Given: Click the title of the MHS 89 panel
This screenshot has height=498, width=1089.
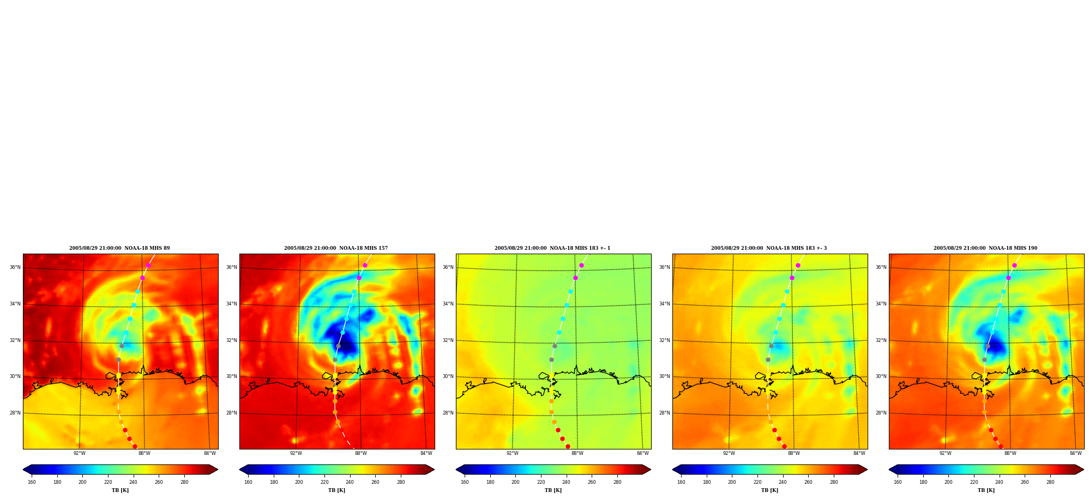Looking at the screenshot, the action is (x=119, y=248).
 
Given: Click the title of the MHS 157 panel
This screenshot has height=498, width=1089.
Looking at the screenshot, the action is (x=336, y=248).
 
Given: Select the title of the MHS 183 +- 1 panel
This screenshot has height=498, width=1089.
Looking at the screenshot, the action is (x=552, y=248).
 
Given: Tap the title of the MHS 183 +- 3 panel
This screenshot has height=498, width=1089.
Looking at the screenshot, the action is (x=769, y=248).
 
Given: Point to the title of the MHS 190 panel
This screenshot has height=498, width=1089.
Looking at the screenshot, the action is (x=985, y=248).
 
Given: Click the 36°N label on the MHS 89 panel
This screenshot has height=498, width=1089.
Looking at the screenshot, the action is (x=15, y=267).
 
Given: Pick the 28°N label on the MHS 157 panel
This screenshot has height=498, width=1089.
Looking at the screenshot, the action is (x=231, y=413).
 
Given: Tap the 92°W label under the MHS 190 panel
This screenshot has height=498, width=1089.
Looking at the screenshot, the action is (x=945, y=453).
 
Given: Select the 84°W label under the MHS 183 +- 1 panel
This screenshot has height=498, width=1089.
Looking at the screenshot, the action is (x=643, y=453).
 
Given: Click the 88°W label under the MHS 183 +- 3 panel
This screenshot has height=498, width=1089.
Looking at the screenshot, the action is (x=794, y=453).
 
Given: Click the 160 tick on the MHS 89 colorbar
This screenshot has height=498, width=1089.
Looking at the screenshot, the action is (x=32, y=482).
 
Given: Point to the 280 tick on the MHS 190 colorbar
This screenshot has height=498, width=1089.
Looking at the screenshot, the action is (x=1050, y=482).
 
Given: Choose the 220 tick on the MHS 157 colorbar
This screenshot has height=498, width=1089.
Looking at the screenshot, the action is (x=324, y=482).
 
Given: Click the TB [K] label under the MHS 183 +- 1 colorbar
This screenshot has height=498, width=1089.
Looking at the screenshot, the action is (x=553, y=490).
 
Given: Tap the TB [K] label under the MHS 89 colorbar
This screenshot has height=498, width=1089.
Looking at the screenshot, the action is (x=120, y=490).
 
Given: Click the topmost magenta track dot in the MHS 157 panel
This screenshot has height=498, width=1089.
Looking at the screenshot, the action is (x=365, y=266).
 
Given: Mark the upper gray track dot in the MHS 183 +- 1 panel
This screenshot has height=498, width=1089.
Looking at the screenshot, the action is (x=555, y=346).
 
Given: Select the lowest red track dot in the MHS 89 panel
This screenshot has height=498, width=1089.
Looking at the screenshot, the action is (x=135, y=447).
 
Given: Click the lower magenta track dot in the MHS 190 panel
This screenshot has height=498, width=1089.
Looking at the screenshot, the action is (x=1008, y=278).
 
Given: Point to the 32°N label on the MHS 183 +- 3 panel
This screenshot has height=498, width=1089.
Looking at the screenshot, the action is (x=664, y=340).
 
